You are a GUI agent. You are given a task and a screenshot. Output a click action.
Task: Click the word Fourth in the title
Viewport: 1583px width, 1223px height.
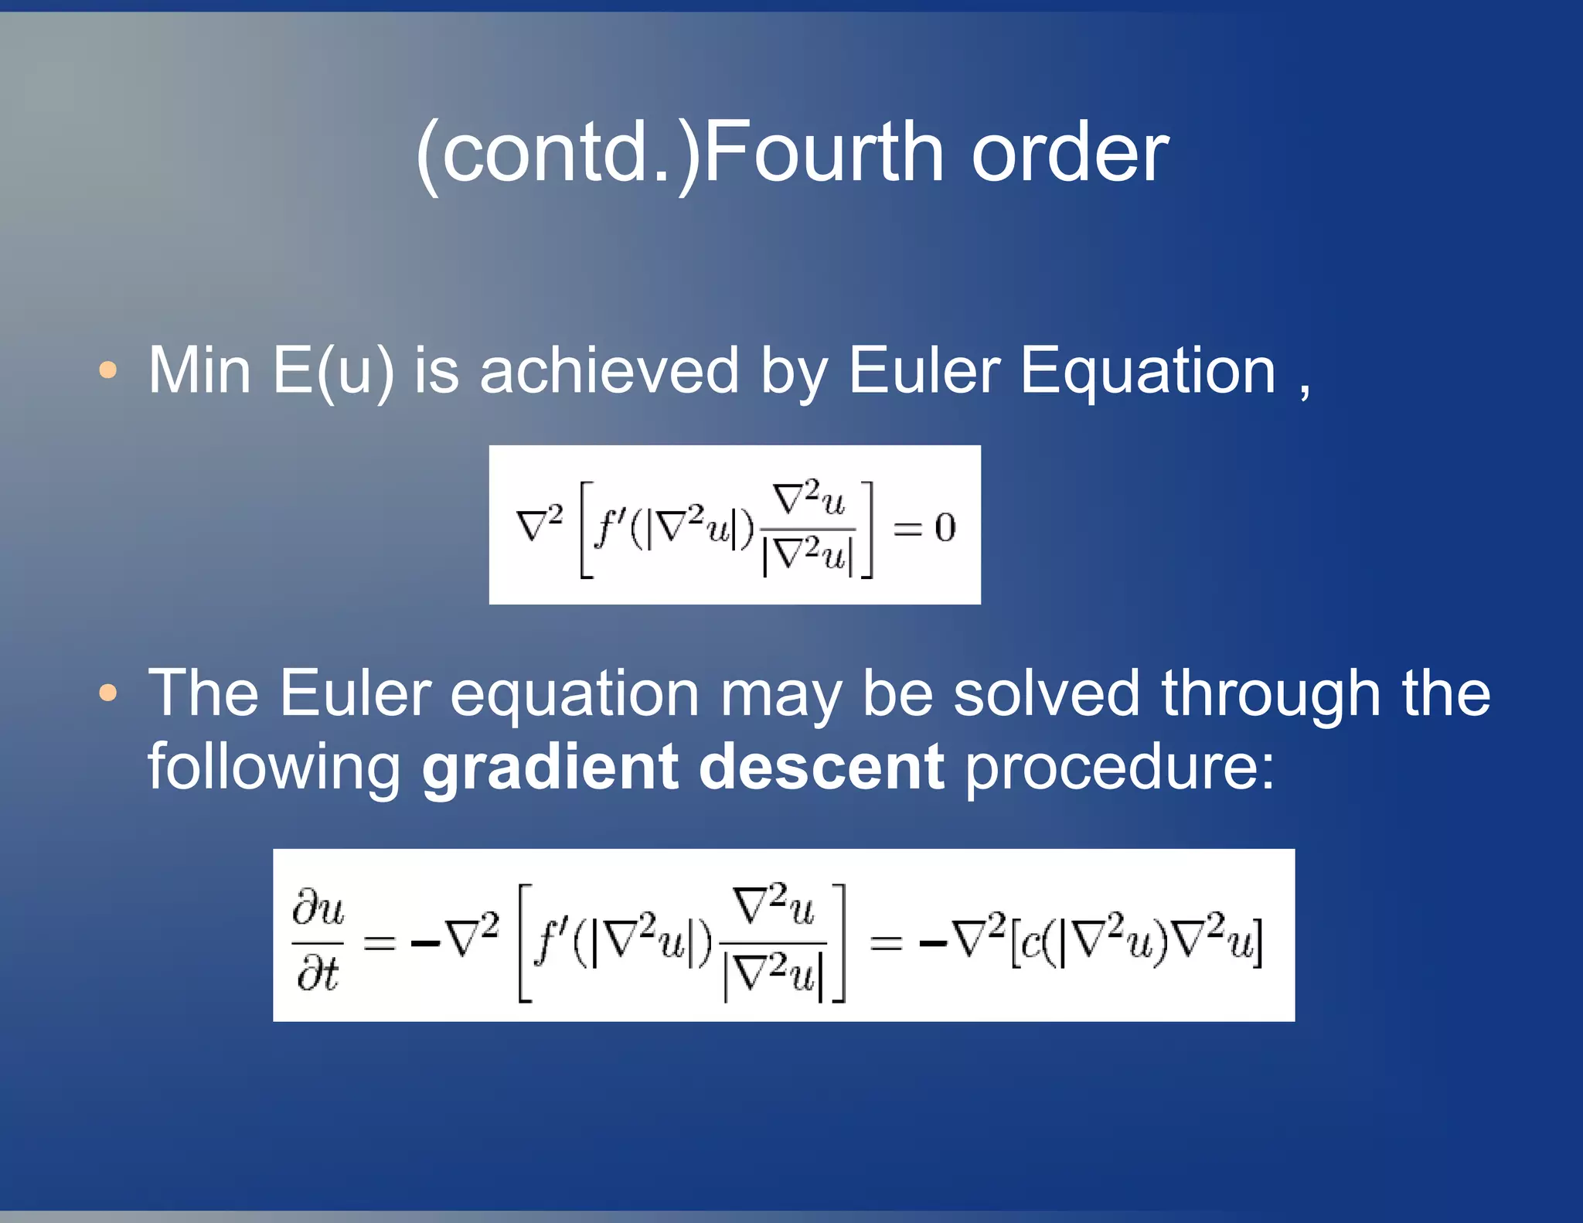(824, 152)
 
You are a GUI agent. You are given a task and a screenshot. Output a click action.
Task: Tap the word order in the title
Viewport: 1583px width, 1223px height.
(1070, 152)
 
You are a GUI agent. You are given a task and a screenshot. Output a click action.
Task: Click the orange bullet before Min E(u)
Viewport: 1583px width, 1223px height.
(108, 370)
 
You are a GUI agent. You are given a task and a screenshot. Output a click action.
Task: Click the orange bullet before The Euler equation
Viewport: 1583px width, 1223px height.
(108, 693)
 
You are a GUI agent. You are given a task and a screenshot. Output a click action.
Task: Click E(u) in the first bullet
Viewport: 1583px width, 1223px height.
(332, 371)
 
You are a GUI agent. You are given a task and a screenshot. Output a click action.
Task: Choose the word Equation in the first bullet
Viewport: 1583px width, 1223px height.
(1148, 371)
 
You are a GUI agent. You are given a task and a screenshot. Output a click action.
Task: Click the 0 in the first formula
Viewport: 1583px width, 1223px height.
(945, 528)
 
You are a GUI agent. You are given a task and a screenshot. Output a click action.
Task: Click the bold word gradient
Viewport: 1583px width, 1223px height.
(550, 768)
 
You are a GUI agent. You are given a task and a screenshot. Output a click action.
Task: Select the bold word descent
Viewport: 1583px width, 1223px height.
(821, 768)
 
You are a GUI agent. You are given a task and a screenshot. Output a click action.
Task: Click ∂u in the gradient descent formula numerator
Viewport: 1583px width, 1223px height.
(318, 908)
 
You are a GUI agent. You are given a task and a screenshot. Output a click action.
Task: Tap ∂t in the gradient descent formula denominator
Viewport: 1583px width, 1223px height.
(317, 974)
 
